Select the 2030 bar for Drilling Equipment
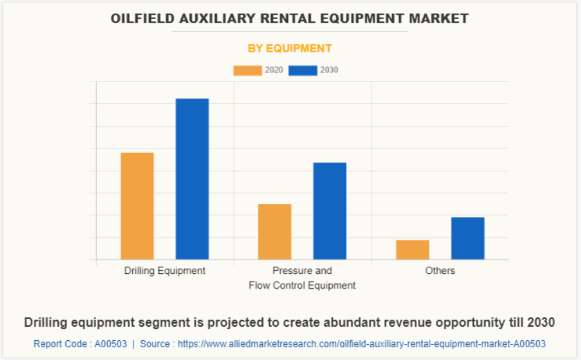click(x=192, y=179)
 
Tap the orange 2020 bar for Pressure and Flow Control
click(x=274, y=231)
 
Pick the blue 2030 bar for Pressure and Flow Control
click(x=330, y=210)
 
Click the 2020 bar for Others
click(x=413, y=249)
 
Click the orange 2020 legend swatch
click(x=248, y=70)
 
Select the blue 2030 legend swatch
click(x=303, y=70)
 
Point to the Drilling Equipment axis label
click(x=165, y=271)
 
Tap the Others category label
click(x=440, y=271)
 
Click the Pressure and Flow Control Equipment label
click(x=302, y=278)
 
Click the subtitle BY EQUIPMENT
click(x=290, y=48)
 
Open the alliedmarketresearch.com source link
click(x=361, y=344)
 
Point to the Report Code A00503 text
click(x=80, y=344)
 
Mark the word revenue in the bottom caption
click(x=403, y=322)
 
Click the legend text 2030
click(x=329, y=70)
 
